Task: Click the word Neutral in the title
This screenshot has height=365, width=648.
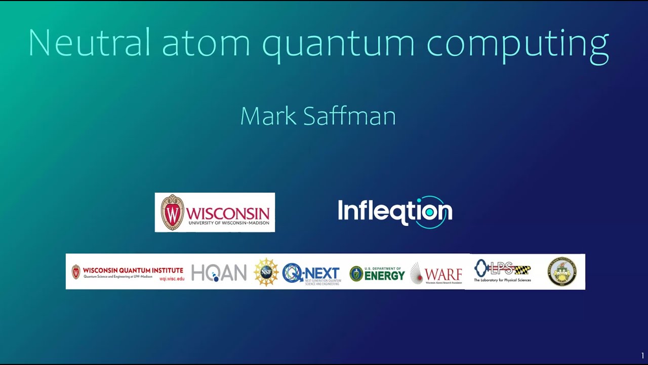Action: tap(89, 43)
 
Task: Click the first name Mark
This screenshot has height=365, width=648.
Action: tap(268, 116)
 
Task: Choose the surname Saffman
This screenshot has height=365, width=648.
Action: tap(349, 116)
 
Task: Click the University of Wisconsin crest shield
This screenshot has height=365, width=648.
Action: tap(172, 212)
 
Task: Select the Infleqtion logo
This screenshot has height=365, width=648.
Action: tap(395, 212)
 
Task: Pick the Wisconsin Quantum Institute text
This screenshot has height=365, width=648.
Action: tap(133, 270)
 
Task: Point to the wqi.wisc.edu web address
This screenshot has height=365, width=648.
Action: tap(172, 279)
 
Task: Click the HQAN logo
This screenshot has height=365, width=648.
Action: tap(219, 273)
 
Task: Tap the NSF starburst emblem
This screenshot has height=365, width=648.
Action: tap(266, 272)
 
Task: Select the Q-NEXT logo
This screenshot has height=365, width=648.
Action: tap(311, 273)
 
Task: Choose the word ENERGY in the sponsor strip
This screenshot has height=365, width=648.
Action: tap(385, 275)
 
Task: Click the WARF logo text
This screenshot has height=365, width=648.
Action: tap(443, 274)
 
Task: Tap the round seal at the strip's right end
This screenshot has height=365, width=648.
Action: tap(562, 272)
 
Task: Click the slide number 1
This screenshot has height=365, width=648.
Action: tap(642, 356)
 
